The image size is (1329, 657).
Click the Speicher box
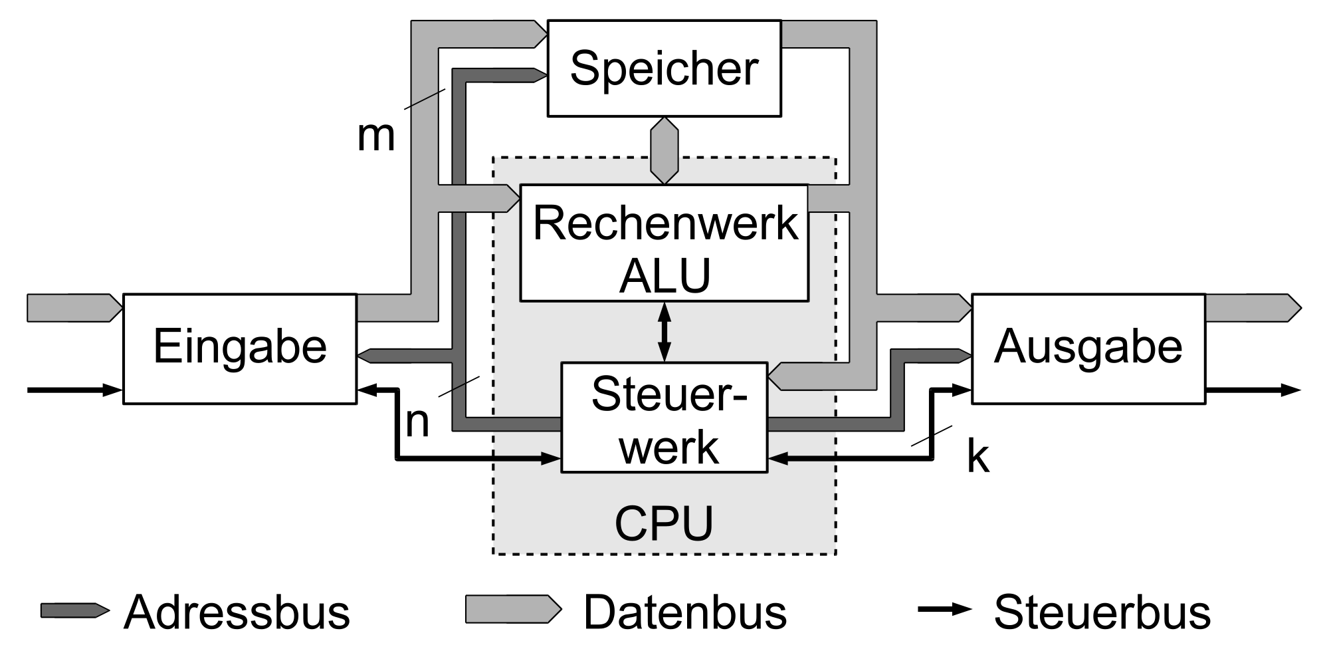664,68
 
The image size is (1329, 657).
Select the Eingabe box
240,348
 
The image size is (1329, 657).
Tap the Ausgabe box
1088,348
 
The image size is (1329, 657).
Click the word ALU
664,276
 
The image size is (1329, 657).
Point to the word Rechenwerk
664,223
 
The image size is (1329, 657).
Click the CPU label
664,524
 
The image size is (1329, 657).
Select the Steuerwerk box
664,418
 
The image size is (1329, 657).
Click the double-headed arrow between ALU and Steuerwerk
664,331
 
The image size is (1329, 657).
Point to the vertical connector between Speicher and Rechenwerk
664,151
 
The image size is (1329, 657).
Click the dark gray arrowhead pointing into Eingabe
367,356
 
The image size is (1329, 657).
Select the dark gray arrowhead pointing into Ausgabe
962,356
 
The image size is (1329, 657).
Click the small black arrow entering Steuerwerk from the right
801,458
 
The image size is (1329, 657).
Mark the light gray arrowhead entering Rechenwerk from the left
510,197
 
